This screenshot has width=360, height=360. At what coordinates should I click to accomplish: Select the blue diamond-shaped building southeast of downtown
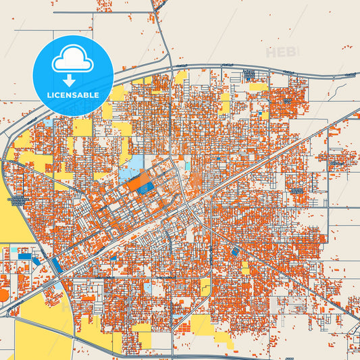(234, 251)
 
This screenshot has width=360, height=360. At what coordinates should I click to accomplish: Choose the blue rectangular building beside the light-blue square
(24, 256)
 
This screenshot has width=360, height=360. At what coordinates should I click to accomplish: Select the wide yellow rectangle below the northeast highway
(258, 86)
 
